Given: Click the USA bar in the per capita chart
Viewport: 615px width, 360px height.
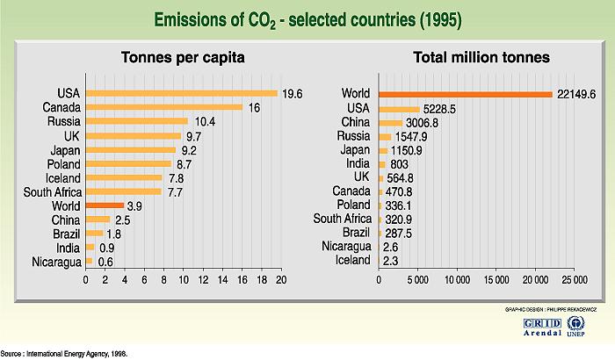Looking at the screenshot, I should [181, 93].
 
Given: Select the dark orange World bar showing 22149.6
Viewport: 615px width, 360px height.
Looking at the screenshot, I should [465, 94].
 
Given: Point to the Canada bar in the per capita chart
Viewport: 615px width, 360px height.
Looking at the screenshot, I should [164, 107].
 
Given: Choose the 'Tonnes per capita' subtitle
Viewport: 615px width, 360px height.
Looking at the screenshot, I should [182, 58].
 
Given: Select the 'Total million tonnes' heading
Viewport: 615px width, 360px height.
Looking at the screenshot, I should [482, 58].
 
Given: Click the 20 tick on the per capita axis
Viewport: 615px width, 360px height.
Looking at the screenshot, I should [281, 280].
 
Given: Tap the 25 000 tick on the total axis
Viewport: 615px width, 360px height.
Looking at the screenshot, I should [574, 280].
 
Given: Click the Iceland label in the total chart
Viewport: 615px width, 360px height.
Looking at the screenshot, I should [354, 261].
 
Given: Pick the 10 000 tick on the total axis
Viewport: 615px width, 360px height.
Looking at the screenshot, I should [457, 280].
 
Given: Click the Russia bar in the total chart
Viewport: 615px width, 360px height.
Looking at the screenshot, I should [385, 136].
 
